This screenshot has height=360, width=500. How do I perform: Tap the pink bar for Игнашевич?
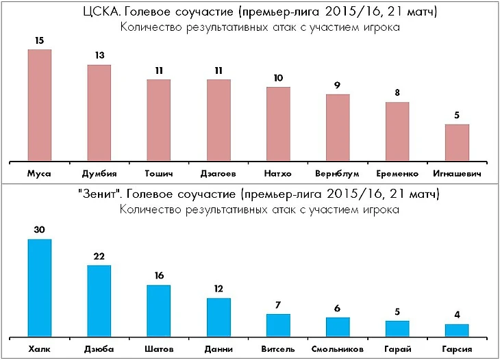pyautogui.click(x=457, y=142)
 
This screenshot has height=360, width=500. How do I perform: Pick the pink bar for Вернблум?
pyautogui.click(x=338, y=127)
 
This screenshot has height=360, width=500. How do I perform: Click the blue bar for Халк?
pyautogui.click(x=40, y=287)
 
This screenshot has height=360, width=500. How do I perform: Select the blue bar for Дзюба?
pyautogui.click(x=99, y=300)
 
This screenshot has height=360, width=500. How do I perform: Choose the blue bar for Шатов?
pyautogui.click(x=159, y=310)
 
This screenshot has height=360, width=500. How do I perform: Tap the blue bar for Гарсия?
pyautogui.click(x=457, y=330)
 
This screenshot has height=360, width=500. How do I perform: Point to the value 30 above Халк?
pyautogui.click(x=40, y=230)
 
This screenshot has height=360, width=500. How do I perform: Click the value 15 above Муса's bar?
pyautogui.click(x=40, y=41)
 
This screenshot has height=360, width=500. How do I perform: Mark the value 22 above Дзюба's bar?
pyautogui.click(x=99, y=256)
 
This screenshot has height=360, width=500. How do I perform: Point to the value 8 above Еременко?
pyautogui.click(x=397, y=93)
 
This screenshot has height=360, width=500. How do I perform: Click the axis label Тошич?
pyautogui.click(x=159, y=173)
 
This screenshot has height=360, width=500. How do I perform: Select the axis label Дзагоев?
pyautogui.click(x=218, y=173)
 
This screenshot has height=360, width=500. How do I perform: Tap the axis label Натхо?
pyautogui.click(x=278, y=173)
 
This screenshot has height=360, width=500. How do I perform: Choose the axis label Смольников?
pyautogui.click(x=338, y=349)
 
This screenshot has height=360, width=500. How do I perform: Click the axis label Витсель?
pyautogui.click(x=278, y=349)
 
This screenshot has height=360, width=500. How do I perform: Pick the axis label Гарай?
pyautogui.click(x=397, y=349)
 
